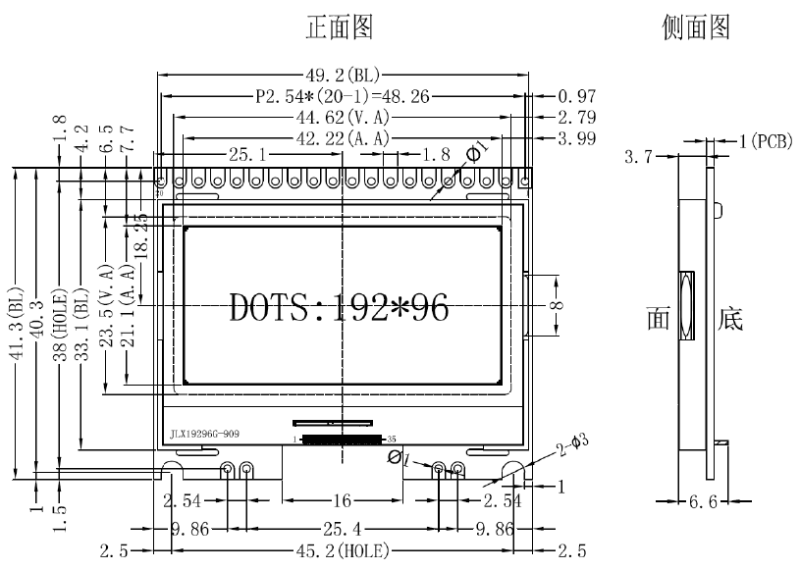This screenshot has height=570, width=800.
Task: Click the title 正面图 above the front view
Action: (340, 27)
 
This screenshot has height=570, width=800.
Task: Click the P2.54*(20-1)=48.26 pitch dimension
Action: (340, 96)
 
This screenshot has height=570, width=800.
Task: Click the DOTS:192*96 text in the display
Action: (339, 307)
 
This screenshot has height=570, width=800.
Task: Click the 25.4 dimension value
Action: (342, 528)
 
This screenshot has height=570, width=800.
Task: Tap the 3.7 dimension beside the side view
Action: (639, 156)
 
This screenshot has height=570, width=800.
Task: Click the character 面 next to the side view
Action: (658, 319)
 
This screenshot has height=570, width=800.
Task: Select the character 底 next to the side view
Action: (731, 319)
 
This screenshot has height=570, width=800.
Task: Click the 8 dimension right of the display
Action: (557, 305)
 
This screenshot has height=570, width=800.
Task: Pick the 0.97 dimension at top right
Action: (576, 96)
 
